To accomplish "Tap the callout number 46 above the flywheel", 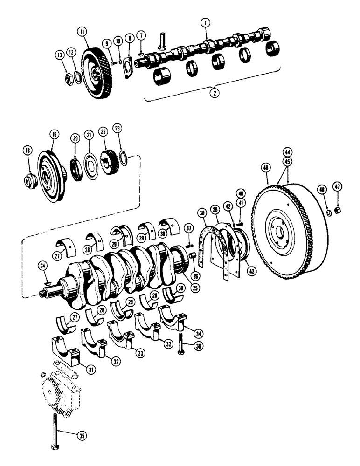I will (x=266, y=166).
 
